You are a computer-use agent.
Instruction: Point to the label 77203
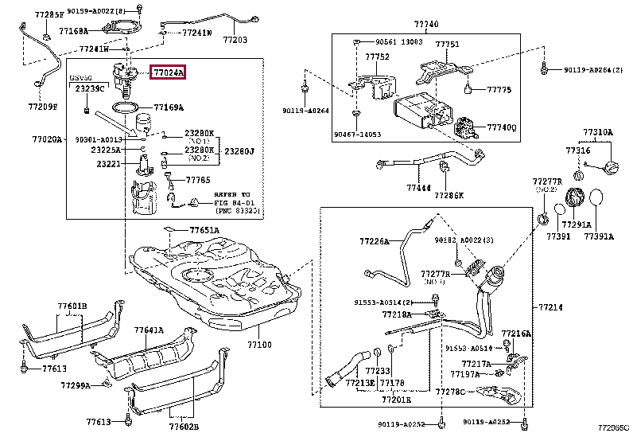click(x=235, y=39)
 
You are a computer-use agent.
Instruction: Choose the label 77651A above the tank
click(x=204, y=230)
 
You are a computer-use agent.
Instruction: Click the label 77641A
click(x=149, y=330)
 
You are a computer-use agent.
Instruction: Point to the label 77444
click(x=418, y=188)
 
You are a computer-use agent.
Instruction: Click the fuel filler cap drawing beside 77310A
click(x=612, y=170)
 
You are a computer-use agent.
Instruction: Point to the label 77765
click(x=199, y=181)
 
